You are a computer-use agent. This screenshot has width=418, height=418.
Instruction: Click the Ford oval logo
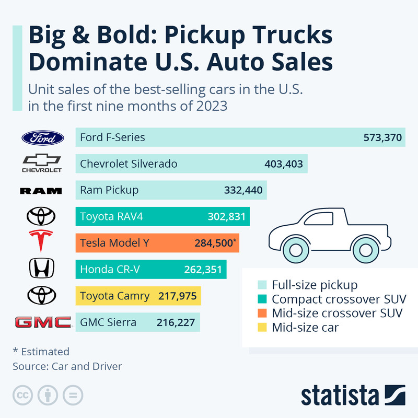(x=42, y=138)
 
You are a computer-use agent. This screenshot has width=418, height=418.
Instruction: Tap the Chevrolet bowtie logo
(x=42, y=160)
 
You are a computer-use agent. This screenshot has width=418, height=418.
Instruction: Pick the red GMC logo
(x=43, y=322)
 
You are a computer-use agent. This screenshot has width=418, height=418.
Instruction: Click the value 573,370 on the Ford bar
(x=382, y=138)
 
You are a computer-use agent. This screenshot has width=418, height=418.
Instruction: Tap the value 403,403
(x=284, y=164)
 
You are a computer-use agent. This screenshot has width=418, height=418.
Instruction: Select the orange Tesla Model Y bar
(x=157, y=243)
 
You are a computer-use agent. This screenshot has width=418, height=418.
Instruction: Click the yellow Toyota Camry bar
(x=138, y=296)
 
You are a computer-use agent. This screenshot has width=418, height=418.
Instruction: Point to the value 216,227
(x=176, y=322)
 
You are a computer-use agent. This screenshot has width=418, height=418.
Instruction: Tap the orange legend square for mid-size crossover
(x=262, y=313)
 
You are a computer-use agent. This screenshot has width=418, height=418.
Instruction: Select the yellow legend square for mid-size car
(x=262, y=328)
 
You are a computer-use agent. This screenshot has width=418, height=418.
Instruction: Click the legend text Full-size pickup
(x=315, y=285)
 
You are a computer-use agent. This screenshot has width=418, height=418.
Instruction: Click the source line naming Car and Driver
(x=67, y=366)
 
